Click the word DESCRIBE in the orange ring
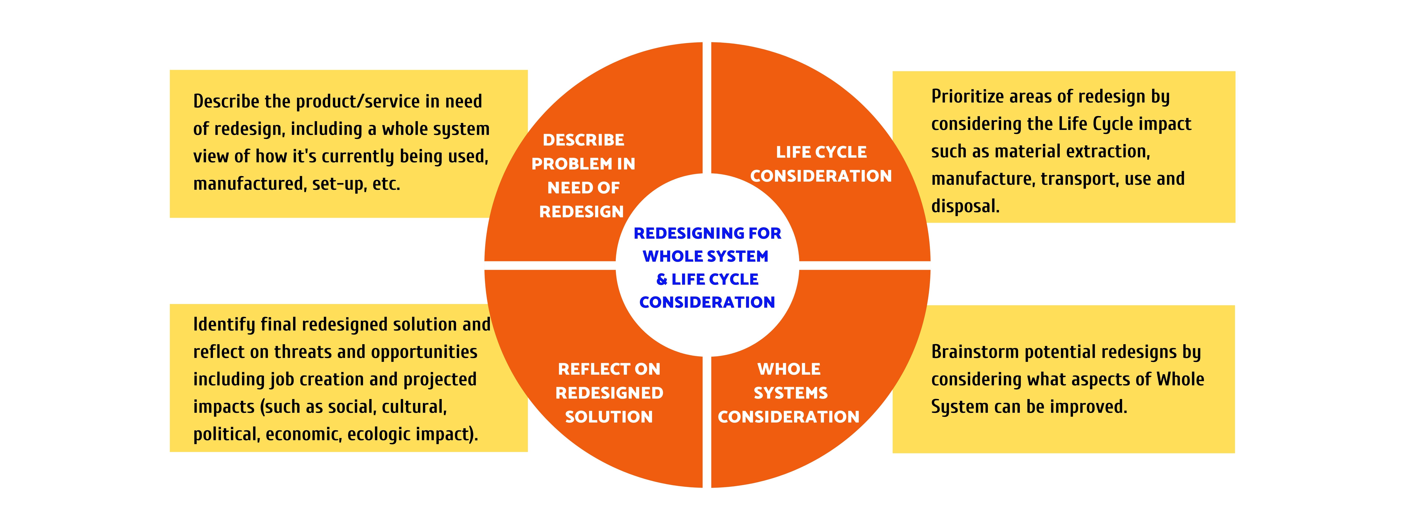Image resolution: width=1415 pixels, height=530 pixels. coord(583,140)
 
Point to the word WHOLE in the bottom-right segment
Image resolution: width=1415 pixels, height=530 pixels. coord(789,369)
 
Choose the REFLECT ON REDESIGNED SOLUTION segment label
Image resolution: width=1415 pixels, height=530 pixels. coord(609,393)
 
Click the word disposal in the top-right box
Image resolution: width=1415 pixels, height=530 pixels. coord(965,206)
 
